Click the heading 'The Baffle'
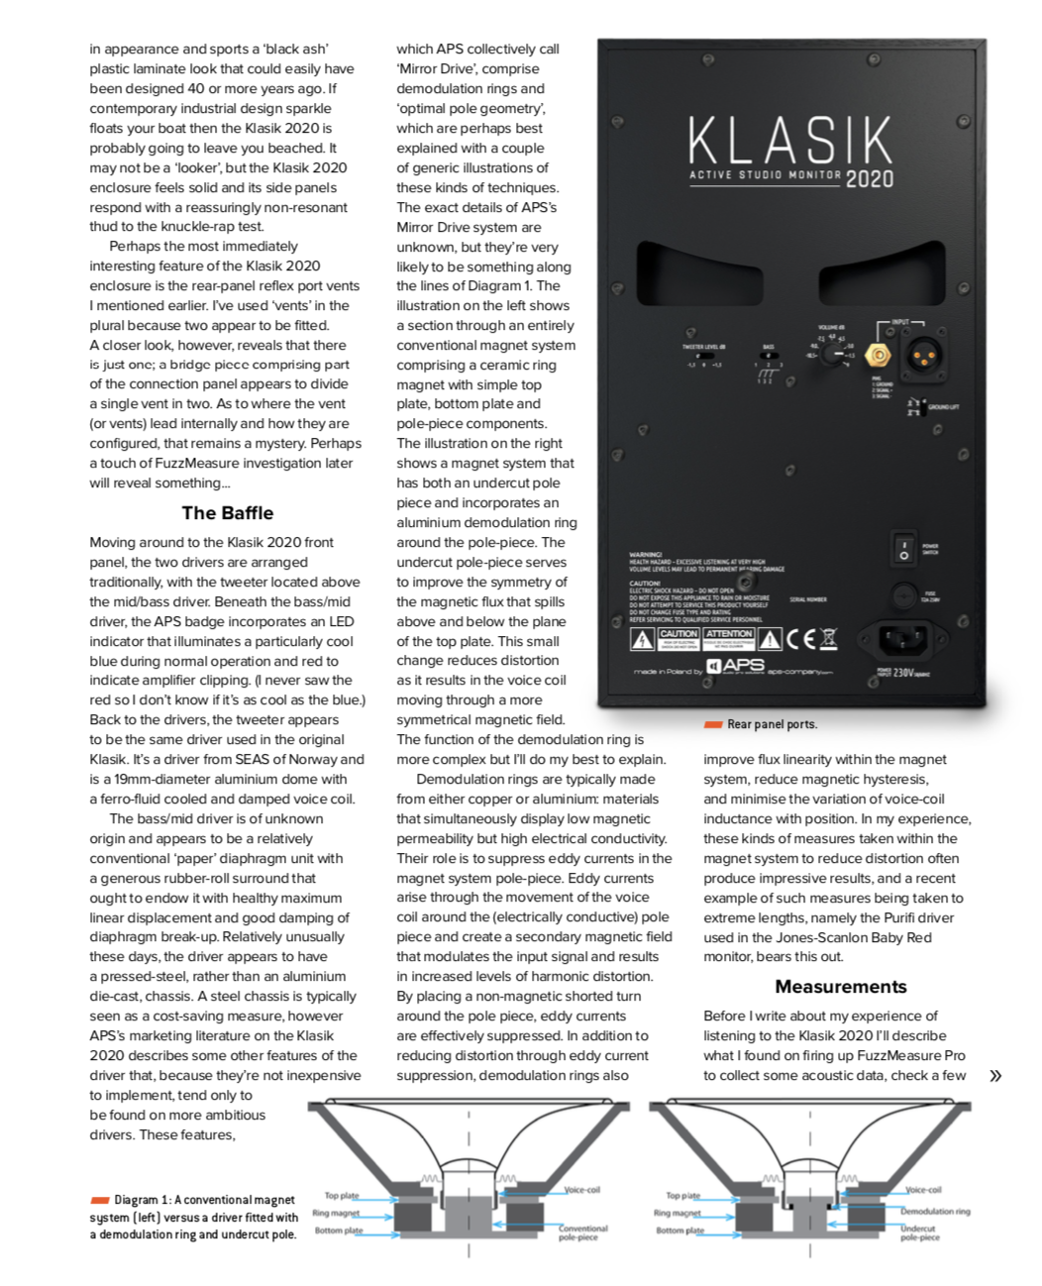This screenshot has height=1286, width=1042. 227,513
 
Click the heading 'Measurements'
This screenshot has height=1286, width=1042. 840,987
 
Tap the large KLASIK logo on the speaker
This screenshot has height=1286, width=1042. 790,140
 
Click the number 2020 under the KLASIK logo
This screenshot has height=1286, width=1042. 870,178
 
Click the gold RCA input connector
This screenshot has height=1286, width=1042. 877,354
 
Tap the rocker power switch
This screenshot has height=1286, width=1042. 903,549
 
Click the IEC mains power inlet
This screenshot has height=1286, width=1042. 903,637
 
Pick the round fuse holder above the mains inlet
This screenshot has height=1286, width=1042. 903,595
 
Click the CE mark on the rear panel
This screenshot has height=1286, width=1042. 800,639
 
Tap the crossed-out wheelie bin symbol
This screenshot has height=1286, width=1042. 827,638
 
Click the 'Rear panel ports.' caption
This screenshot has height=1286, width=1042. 772,724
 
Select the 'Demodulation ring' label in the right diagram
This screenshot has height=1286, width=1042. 934,1211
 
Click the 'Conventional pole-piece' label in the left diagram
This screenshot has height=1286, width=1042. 582,1232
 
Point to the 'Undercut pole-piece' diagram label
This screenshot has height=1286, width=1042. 919,1232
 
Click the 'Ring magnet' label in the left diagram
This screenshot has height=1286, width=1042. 336,1213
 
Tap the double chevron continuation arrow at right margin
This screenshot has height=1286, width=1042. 994,1076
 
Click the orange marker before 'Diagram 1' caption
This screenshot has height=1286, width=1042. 99,1200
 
